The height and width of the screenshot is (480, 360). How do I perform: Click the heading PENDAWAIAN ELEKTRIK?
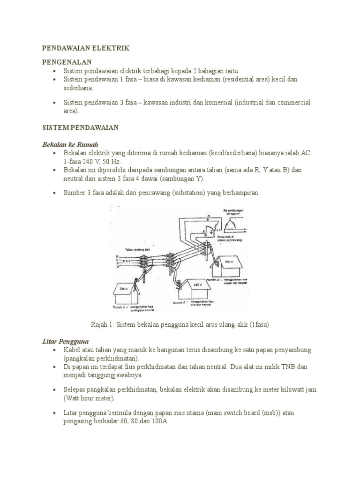[x=85, y=48]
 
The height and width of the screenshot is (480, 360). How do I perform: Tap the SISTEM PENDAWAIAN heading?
[x=80, y=127]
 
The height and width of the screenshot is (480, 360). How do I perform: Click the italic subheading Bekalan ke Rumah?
[x=70, y=144]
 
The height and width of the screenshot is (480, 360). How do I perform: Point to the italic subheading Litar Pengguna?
[x=65, y=341]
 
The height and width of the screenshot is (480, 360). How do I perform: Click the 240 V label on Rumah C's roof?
[x=123, y=289]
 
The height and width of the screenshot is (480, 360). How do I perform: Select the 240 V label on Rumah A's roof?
[x=229, y=261]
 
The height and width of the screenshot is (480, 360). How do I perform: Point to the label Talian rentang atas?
[x=138, y=250]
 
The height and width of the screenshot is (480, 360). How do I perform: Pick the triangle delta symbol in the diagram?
[x=233, y=226]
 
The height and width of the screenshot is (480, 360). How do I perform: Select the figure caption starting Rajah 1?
[x=180, y=324]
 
